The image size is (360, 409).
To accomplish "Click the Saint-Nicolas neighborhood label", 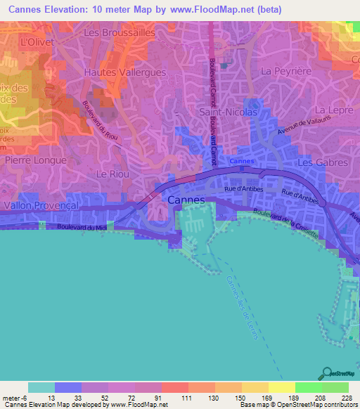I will pyautogui.click(x=229, y=112).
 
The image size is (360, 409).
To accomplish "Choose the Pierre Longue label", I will pyautogui.click(x=35, y=160).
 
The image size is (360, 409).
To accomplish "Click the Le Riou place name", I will pyautogui.click(x=109, y=172).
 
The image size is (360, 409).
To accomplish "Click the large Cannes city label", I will pyautogui.click(x=187, y=200).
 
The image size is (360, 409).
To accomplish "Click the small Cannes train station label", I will pyautogui.click(x=238, y=161).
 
